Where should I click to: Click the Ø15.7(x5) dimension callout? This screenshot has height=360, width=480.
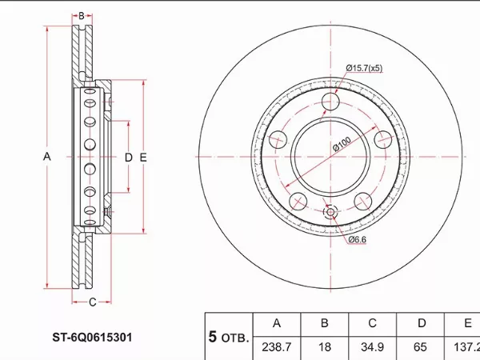[364, 68]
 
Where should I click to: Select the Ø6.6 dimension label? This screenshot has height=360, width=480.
[358, 239]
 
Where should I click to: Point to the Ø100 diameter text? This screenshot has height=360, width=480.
[342, 144]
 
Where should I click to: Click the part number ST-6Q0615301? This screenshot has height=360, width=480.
[92, 338]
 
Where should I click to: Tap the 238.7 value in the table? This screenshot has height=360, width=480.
[277, 347]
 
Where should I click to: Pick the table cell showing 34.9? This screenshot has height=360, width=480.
[372, 347]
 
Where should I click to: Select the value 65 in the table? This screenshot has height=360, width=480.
[420, 347]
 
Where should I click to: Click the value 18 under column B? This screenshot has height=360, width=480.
[325, 347]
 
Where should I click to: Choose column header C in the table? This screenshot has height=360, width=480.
[372, 323]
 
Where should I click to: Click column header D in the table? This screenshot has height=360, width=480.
[422, 323]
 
